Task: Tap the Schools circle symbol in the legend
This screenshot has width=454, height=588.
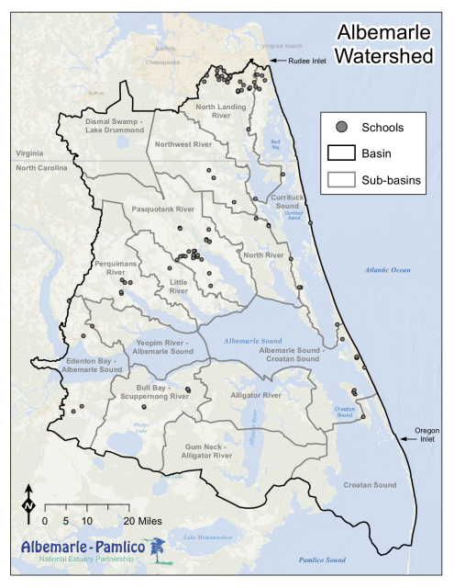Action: [x=340, y=127]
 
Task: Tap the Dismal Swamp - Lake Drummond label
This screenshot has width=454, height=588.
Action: [x=115, y=126]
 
